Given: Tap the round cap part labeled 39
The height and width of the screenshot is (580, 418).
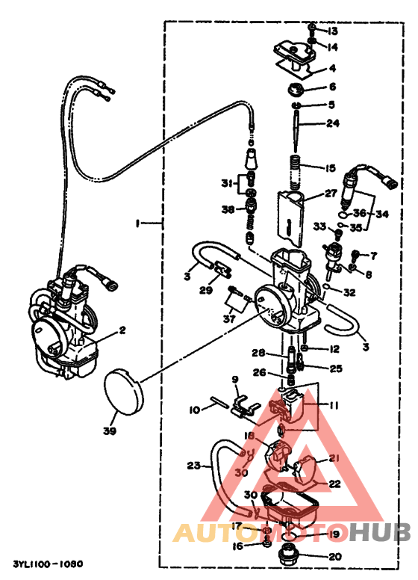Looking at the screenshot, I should [x=122, y=389].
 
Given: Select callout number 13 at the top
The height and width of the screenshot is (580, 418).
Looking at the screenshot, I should [x=332, y=31].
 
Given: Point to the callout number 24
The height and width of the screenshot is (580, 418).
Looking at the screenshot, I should [x=332, y=123].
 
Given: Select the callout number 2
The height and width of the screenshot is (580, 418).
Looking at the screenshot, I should [x=122, y=329].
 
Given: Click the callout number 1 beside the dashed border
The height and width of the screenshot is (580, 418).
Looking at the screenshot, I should [x=137, y=223].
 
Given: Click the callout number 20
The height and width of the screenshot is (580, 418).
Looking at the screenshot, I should [x=333, y=556].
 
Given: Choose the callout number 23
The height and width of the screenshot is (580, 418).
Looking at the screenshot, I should [x=194, y=466].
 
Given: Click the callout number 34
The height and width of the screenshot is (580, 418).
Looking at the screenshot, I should [x=383, y=215].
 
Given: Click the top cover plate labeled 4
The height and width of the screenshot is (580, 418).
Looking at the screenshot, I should [x=296, y=59].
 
